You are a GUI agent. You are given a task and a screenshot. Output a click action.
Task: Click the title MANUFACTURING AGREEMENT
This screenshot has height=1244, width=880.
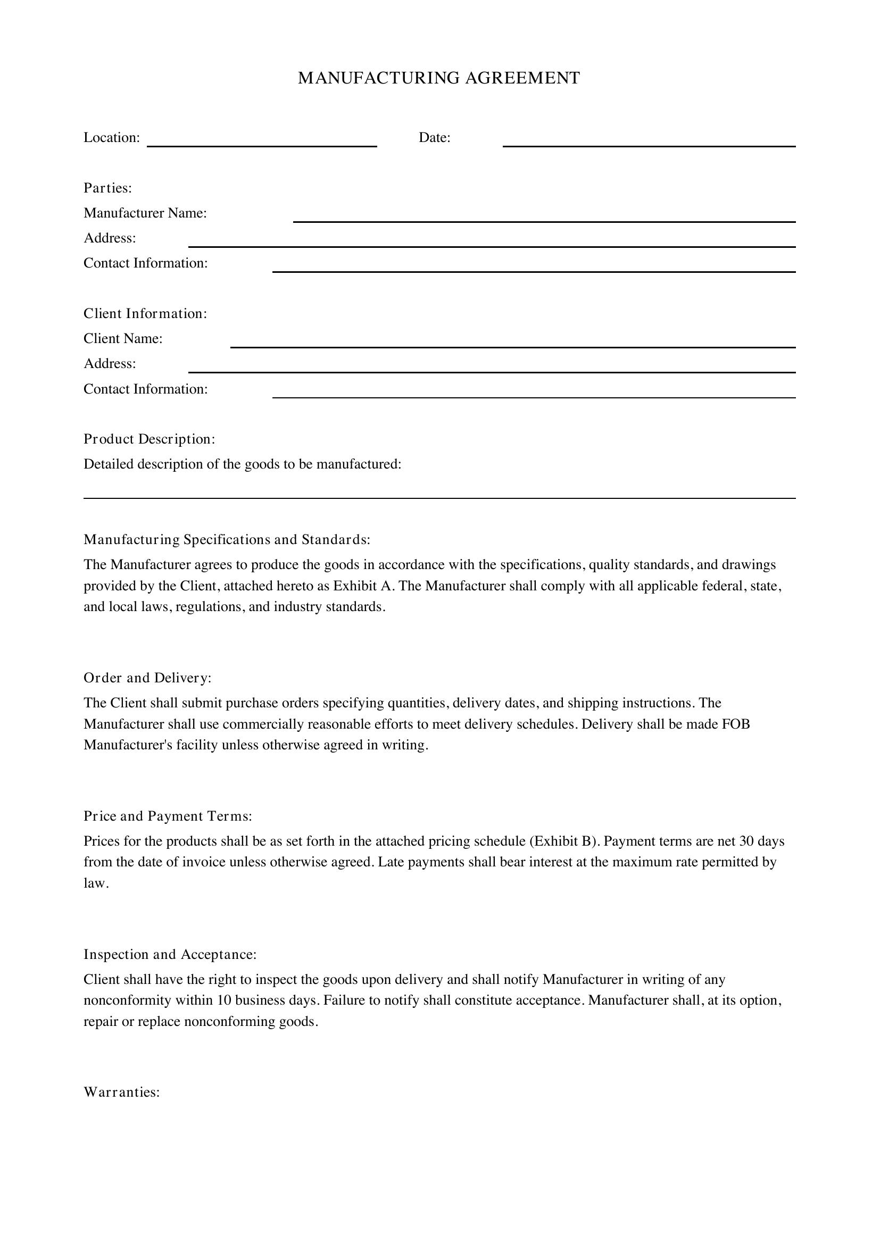pos(439,78)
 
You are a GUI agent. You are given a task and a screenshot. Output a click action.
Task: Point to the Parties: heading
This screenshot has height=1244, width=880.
pos(108,188)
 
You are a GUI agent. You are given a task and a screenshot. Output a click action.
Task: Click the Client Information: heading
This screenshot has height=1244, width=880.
pos(145,314)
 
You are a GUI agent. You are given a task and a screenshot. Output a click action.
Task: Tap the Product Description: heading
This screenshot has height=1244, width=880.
pos(150,439)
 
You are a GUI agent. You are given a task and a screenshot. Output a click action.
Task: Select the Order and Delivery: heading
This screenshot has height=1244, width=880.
pos(147,678)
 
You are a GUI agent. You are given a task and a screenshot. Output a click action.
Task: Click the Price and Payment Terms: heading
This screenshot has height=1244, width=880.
pos(168,816)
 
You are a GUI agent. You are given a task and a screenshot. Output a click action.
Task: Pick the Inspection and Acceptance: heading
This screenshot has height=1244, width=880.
pos(170,954)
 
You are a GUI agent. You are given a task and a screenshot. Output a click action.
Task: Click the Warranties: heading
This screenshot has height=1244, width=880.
pos(122,1092)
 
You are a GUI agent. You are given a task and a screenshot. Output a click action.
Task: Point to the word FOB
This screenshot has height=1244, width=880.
pos(735,724)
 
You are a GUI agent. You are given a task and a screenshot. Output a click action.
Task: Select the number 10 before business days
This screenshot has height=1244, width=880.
pos(225,1000)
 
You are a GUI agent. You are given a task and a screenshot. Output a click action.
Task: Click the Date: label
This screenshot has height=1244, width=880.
pos(435,138)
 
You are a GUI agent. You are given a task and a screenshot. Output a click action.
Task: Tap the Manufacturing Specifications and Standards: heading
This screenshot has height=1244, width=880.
pos(227,540)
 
